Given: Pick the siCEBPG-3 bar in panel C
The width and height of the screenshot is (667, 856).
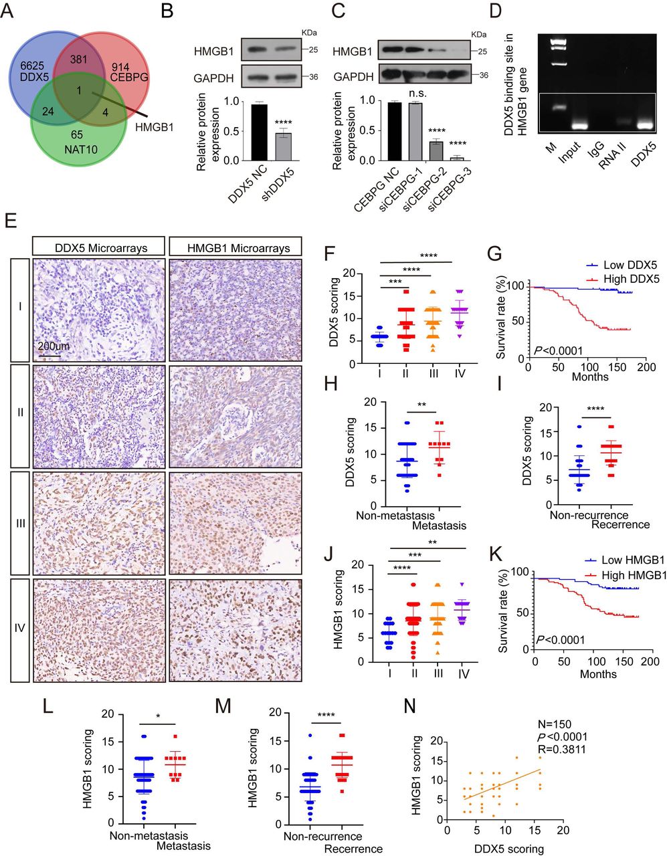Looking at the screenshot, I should coord(457,158).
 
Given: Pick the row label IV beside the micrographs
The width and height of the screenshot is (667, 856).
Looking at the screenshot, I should coord(20,629).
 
